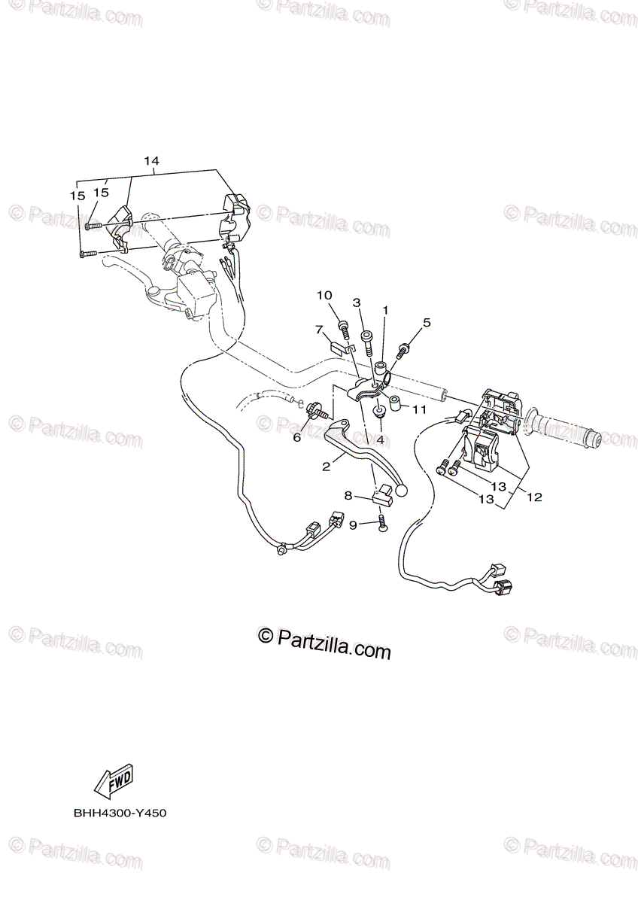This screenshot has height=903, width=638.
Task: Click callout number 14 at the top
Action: pos(151,161)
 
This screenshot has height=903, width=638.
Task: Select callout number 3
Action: pos(357,303)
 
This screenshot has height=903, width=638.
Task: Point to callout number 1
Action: pos(384,309)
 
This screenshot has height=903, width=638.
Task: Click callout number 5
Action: pos(427,323)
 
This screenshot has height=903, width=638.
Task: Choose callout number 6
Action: pos(296,437)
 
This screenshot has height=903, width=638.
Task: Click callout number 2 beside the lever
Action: pos(326,467)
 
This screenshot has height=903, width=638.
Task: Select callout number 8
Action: pos(348,495)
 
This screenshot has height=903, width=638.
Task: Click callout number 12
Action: pos(534,497)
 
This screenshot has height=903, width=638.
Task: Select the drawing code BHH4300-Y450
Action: pos(120,813)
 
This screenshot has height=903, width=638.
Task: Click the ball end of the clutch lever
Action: pos(401,491)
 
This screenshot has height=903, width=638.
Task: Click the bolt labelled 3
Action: pos(368,343)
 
